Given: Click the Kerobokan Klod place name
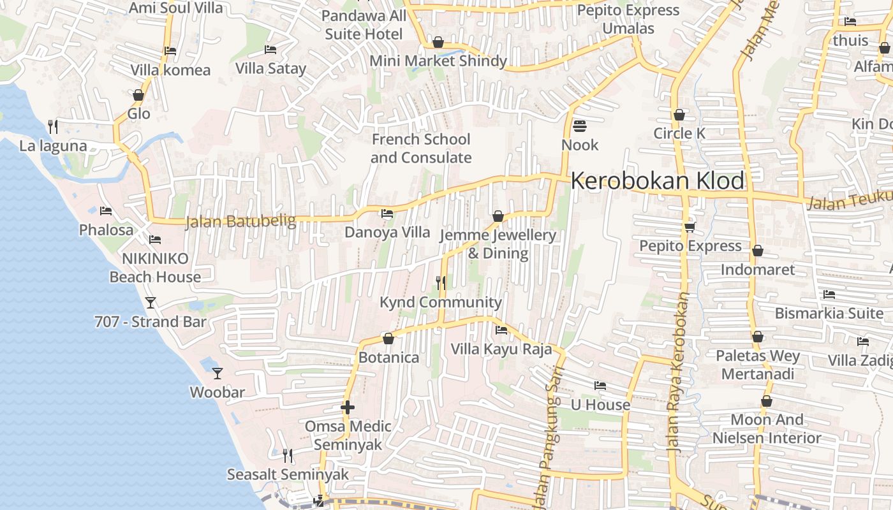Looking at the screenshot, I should [x=657, y=181].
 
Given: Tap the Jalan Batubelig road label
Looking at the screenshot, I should [x=240, y=222].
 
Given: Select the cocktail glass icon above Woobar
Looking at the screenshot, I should [x=218, y=373].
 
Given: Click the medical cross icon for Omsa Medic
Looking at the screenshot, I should [x=348, y=407].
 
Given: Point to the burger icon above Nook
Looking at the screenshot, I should [x=580, y=126].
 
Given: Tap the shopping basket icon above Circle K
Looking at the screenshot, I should [x=679, y=115].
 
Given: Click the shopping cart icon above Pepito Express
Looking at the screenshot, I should [x=690, y=227].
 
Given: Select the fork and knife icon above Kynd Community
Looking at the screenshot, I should [x=440, y=282].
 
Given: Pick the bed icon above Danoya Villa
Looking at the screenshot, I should [x=387, y=214].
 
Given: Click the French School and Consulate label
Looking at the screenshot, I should [x=421, y=148].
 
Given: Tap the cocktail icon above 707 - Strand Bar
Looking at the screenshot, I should [x=151, y=302].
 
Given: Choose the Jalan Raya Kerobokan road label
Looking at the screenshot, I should [x=679, y=373].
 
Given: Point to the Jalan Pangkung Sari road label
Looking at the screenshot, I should [x=547, y=440].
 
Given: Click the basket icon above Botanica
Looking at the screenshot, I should [x=388, y=338].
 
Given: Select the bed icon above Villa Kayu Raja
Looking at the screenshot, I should [x=501, y=330].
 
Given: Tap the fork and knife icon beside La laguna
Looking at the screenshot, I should [x=53, y=127].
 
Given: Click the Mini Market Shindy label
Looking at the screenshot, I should [x=439, y=61].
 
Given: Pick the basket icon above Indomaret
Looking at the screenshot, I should [x=758, y=251].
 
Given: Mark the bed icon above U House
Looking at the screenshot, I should [x=600, y=386].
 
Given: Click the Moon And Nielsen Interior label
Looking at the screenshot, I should [x=767, y=428].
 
